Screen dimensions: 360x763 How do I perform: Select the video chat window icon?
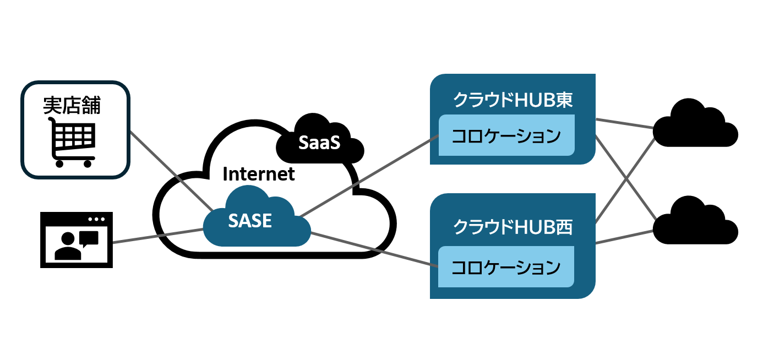click(x=77, y=240)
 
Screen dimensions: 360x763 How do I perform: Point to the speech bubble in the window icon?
click(x=89, y=238)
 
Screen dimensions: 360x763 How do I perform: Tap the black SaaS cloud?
click(x=319, y=142)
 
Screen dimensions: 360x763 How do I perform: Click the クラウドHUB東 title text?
click(x=513, y=100)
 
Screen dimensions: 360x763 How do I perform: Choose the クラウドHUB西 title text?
click(x=513, y=227)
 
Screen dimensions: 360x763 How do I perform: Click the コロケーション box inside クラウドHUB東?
click(x=506, y=135)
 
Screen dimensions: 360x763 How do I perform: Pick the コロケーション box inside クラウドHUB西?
click(x=506, y=267)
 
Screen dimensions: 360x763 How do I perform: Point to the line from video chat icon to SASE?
click(x=157, y=236)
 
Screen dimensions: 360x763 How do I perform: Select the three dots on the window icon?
click(x=96, y=219)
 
